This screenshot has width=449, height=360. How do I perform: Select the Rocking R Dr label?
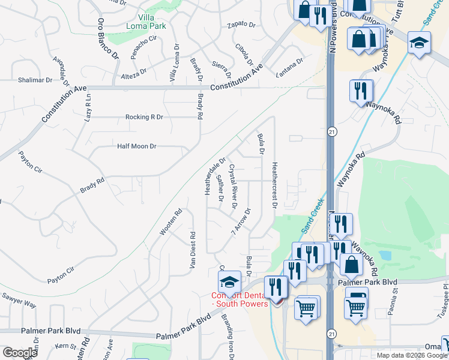coord(144,117)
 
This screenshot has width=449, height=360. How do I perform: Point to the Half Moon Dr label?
coord(136,146)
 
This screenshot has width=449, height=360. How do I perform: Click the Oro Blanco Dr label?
coord(108,38)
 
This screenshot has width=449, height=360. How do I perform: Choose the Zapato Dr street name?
coord(241,26)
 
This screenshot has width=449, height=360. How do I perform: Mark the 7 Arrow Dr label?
coord(241,221)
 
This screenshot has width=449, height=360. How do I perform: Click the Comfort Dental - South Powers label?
coord(240,299)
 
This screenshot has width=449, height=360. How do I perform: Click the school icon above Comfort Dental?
coord(228,281)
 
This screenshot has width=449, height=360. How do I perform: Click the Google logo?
coord(20,353)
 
